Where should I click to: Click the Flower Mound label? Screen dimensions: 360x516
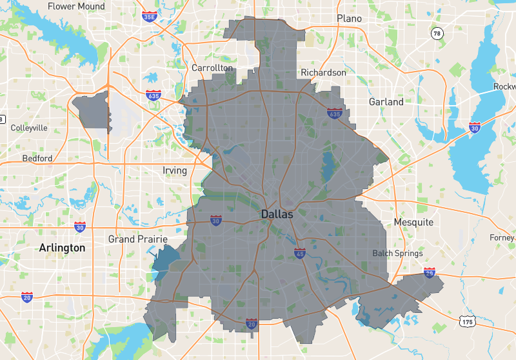click(76, 6)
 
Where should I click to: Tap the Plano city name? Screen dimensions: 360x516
click(349, 19)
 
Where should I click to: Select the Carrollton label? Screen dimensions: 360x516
click(212, 68)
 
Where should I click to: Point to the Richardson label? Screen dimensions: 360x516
click(324, 73)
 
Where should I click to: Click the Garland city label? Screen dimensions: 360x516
click(386, 102)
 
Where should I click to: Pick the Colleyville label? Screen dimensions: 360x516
click(29, 128)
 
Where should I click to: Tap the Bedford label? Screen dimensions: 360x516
click(37, 158)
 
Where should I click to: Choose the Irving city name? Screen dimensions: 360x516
click(175, 171)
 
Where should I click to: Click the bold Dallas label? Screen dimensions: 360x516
click(277, 214)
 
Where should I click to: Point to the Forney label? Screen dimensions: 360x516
click(502, 237)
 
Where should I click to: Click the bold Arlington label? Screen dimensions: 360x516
click(62, 248)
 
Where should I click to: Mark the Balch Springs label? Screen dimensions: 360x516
click(397, 254)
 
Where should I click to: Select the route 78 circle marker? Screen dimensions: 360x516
click(437, 34)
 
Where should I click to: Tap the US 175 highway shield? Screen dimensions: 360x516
click(467, 320)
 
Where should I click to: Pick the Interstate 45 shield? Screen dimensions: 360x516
click(300, 253)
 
